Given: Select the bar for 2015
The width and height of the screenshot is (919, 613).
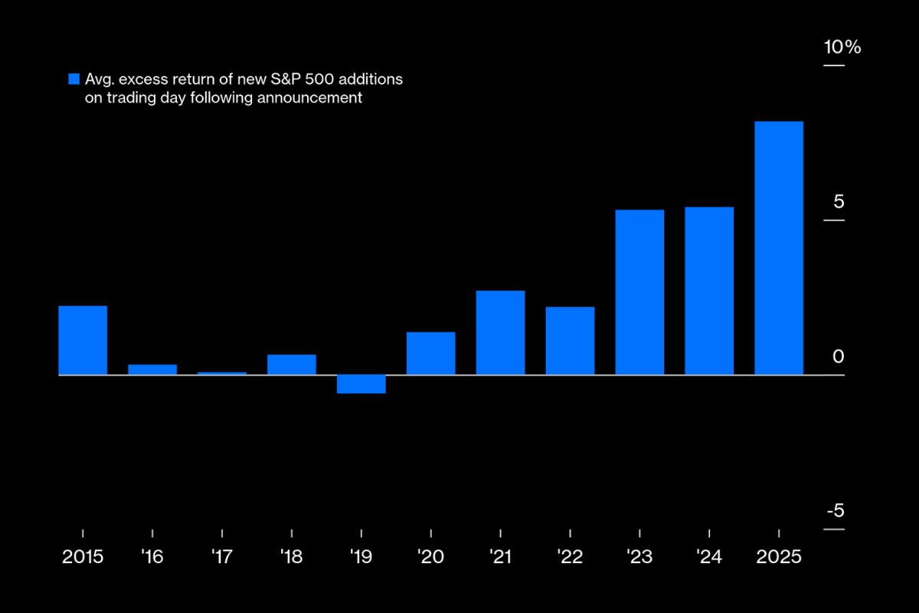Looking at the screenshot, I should coord(83,340).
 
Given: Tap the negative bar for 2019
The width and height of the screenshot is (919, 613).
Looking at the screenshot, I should coord(361,384).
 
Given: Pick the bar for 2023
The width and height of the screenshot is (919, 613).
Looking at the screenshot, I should coord(639,292).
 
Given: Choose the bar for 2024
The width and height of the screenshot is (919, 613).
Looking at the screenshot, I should coord(709,290).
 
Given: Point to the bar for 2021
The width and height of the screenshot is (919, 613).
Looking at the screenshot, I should coord(500,333).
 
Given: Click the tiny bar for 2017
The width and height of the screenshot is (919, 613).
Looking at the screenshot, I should coord(222,373).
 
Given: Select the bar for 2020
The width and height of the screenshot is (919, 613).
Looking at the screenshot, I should coord(431,353).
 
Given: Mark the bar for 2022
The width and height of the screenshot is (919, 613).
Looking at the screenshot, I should coord(570,341).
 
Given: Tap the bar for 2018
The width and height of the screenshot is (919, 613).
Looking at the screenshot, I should coord(292,365).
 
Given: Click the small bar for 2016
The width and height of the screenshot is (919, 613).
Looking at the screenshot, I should coord(152,369).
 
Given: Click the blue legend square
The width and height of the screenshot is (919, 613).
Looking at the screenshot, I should coord(74,79).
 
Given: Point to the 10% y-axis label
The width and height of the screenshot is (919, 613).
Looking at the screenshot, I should coord(842,48).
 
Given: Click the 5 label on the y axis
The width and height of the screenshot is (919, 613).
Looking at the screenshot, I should coord(839,202).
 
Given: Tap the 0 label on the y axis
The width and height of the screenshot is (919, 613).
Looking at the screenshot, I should coord(839,357).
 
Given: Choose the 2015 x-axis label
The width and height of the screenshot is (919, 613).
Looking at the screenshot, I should coord(83,557).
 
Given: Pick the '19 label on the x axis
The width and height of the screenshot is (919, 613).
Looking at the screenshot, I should coord(361,557).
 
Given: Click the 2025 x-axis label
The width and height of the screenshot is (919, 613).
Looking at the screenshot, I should coord(779,557).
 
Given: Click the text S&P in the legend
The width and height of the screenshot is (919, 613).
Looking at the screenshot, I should coord(289,79).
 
